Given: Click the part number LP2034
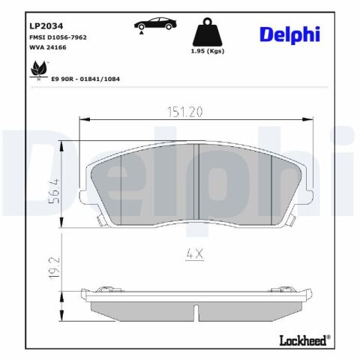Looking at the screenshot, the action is pos(46,26).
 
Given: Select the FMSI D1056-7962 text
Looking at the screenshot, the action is pos(58,37).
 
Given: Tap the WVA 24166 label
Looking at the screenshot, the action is pos(48,47).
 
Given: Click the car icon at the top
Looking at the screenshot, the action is pos(155,24).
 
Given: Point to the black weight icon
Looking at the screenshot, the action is pos(207,31).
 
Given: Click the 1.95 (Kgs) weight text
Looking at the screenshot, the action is pos(208,51).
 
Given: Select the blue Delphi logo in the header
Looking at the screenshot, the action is pos(289,34).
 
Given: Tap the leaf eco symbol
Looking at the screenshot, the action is pos(39,70).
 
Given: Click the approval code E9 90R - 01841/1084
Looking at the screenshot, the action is pos(85,79).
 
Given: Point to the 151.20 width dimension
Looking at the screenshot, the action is pos(184,112).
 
